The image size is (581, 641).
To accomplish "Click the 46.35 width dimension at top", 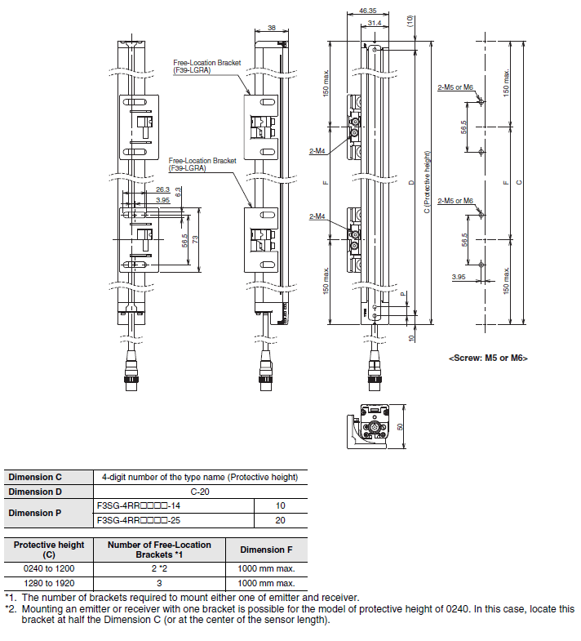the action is (368, 11).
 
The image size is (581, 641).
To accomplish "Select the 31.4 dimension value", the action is (375, 23).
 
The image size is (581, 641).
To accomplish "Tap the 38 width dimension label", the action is (272, 28).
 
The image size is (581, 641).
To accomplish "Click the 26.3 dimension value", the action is (162, 189).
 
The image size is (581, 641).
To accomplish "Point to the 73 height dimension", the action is (195, 239).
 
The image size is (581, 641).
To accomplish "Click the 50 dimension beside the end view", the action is (400, 426).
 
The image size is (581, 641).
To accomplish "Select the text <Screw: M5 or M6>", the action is (488, 358).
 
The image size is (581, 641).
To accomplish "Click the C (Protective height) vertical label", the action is (427, 182).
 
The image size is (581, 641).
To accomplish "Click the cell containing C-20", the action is (200, 492).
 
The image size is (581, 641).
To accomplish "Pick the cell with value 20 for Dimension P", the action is (280, 520).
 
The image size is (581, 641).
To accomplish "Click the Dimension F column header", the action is (266, 550).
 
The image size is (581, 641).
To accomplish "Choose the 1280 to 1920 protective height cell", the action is (49, 583).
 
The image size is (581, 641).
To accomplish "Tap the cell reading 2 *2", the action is (159, 568).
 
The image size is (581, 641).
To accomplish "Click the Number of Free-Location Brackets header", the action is (159, 550).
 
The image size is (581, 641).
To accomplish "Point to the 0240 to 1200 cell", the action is (49, 568).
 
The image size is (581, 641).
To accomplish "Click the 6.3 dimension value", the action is (178, 192).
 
